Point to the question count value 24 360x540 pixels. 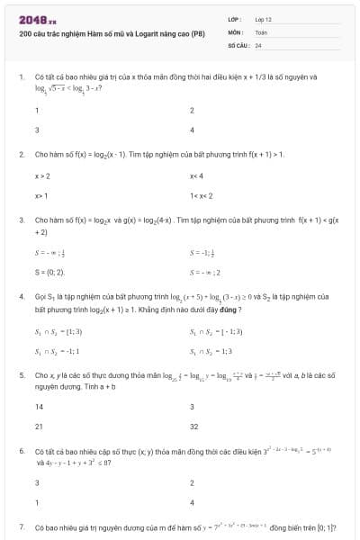[258, 44]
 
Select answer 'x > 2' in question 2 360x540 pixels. [42, 175]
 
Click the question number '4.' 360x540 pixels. [22, 295]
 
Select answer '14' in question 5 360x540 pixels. [39, 407]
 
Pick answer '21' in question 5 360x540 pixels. [39, 426]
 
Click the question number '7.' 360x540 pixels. [22, 526]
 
